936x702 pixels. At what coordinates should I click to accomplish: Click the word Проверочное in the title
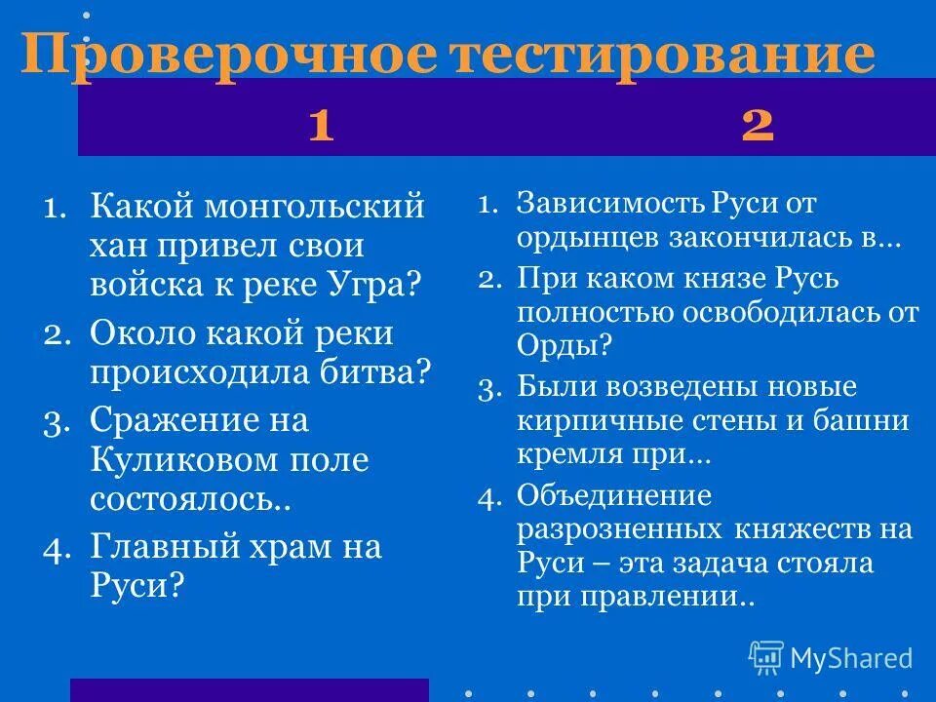click(x=229, y=55)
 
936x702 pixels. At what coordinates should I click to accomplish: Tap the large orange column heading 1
click(x=321, y=126)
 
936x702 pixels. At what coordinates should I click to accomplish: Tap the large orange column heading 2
click(x=758, y=126)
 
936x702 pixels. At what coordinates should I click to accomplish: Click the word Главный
click(x=167, y=546)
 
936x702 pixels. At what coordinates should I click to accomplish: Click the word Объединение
click(x=614, y=496)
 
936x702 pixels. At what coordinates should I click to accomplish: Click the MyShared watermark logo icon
click(x=766, y=657)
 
